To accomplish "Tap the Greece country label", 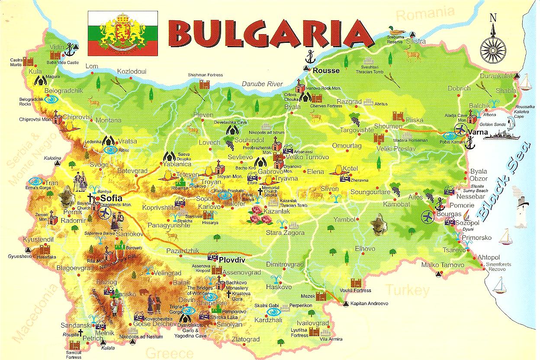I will point(170,352).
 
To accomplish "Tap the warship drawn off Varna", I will point(500,134).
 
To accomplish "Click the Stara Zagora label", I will point(285,233).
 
